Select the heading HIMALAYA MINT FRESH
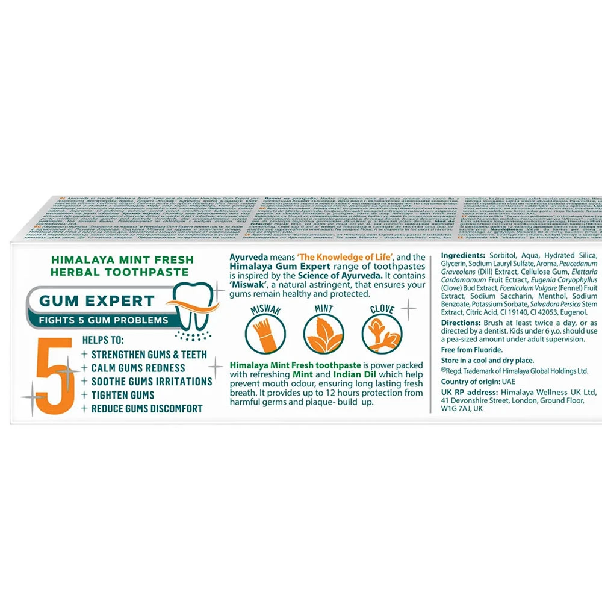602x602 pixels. [x=122, y=259]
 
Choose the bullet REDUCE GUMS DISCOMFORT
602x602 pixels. [x=146, y=409]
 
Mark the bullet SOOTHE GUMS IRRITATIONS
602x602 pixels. [x=151, y=382]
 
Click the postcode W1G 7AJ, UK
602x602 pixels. [x=463, y=408]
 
